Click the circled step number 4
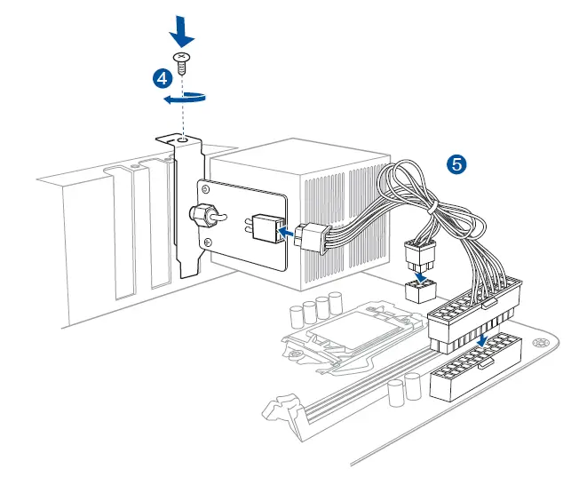pyautogui.click(x=162, y=78)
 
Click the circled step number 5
pyautogui.click(x=457, y=163)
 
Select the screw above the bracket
pyautogui.click(x=183, y=63)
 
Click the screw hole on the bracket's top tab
pyautogui.click(x=182, y=139)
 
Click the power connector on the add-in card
pyautogui.click(x=265, y=228)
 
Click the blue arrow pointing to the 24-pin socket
pyautogui.click(x=480, y=341)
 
